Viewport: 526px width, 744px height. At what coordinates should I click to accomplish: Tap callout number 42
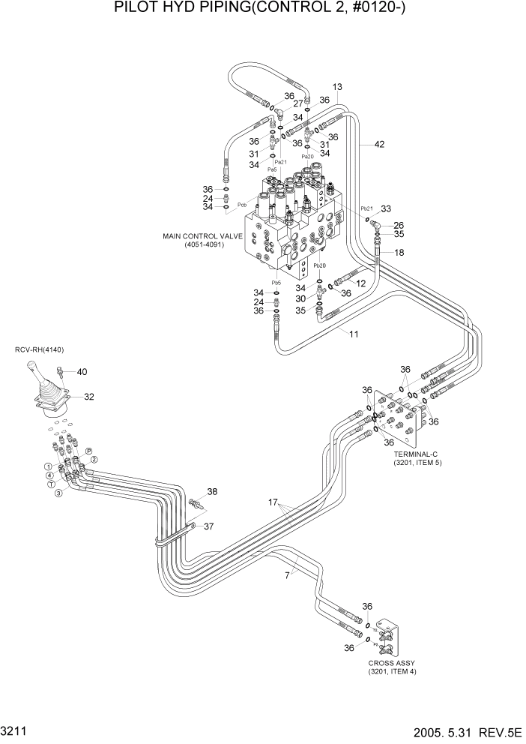(x=380, y=145)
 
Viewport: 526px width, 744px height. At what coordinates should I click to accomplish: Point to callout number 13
(x=337, y=88)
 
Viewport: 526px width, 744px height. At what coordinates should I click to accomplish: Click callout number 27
(x=297, y=103)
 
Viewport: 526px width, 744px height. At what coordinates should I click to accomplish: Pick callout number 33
(x=386, y=209)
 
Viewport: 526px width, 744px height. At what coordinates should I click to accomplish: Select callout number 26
(x=399, y=225)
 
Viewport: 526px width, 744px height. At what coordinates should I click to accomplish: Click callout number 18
(x=399, y=253)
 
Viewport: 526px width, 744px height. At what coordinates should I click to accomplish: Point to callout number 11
(x=353, y=332)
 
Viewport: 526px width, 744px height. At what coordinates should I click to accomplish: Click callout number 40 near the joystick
(x=82, y=371)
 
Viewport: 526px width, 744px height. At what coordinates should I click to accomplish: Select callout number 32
(x=88, y=397)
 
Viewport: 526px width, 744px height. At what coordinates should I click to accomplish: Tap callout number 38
(x=212, y=492)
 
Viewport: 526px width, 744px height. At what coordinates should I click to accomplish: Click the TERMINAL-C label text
(x=418, y=454)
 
